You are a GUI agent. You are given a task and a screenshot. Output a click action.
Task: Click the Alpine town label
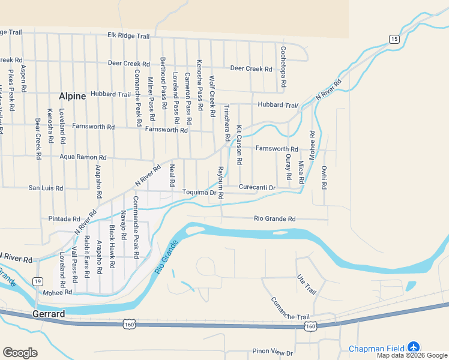72,96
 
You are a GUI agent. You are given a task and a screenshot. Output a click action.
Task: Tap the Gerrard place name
49,314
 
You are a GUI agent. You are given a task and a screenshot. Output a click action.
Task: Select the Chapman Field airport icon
413,347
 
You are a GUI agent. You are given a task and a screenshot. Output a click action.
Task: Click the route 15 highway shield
394,39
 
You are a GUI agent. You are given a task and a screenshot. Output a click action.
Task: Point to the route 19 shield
38,281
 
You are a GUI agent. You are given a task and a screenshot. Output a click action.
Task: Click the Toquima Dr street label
199,193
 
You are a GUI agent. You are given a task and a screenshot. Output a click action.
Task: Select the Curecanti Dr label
257,188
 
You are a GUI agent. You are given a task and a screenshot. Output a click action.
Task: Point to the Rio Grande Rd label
275,219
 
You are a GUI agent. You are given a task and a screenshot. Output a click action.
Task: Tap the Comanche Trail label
289,308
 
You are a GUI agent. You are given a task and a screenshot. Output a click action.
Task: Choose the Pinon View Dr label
273,353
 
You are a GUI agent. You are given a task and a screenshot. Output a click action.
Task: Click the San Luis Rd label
46,188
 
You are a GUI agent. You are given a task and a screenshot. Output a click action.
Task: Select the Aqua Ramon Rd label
83,157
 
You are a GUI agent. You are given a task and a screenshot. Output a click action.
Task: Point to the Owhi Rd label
324,177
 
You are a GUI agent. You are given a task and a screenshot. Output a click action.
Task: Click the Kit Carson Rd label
239,146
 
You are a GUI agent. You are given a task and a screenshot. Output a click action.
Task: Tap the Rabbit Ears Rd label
87,257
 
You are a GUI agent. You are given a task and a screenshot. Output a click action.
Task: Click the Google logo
20,353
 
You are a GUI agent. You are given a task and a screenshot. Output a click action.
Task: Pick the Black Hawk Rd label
112,247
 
